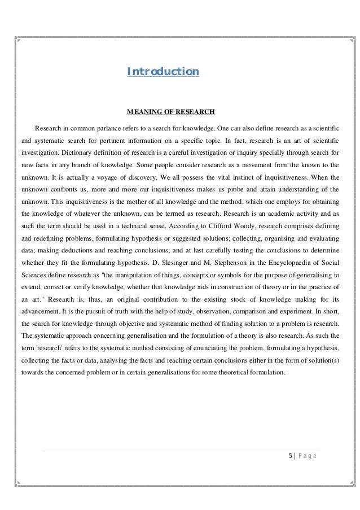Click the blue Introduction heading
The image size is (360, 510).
(x=163, y=72)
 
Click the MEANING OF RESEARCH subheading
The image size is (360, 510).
(x=172, y=111)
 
